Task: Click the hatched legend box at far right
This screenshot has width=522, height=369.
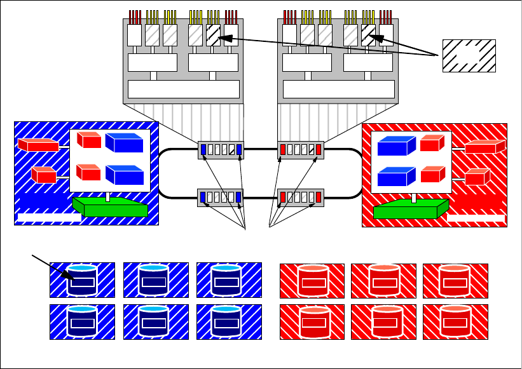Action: tap(469, 55)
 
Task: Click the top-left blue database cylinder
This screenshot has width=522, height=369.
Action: tap(82, 280)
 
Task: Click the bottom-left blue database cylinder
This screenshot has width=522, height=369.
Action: tap(82, 321)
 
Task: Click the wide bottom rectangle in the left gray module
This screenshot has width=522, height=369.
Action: tap(184, 89)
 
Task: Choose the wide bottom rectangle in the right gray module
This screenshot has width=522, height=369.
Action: tap(337, 89)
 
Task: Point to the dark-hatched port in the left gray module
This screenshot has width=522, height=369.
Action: tap(213, 34)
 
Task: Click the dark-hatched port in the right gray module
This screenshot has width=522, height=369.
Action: tap(368, 34)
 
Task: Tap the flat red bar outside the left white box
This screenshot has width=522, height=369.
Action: tap(38, 145)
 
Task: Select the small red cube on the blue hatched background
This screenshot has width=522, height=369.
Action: tap(43, 175)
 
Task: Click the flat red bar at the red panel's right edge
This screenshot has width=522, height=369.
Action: tap(484, 147)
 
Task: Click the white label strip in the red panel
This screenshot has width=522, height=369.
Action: tap(476, 218)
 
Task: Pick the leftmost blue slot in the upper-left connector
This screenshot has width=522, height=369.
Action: tap(203, 150)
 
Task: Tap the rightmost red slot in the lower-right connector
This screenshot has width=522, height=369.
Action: tap(319, 197)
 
